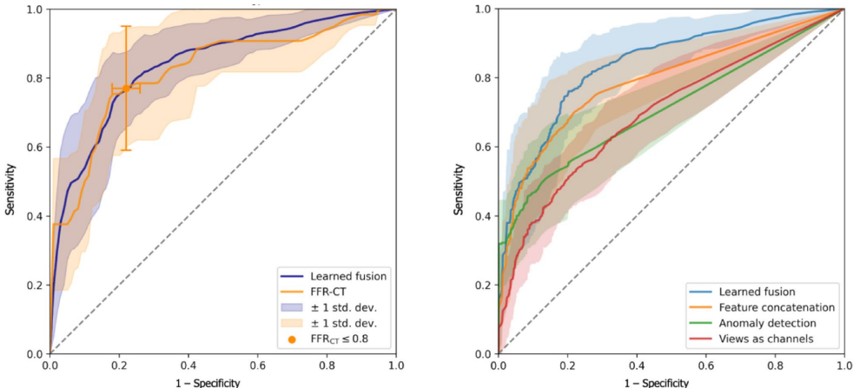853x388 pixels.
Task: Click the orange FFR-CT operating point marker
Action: click(126, 88)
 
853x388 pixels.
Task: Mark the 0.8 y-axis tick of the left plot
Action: click(33, 79)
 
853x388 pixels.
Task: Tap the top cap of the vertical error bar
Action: click(126, 27)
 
